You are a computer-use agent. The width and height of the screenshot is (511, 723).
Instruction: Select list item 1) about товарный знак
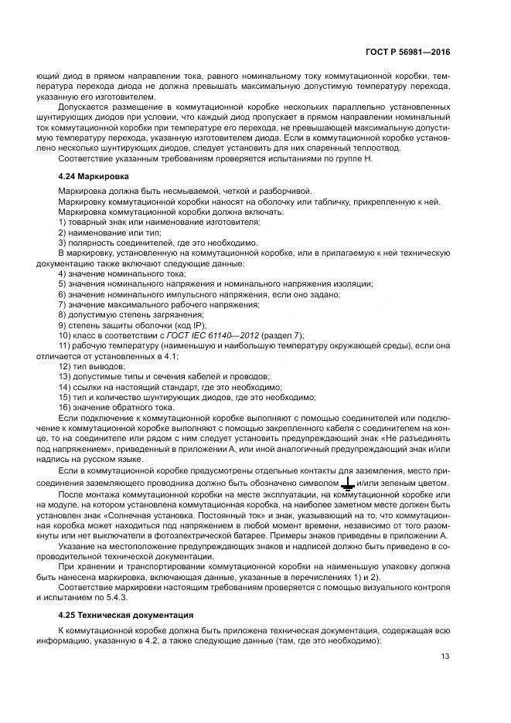[158, 222]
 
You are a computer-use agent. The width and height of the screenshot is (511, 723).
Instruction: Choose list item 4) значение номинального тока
[122, 274]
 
